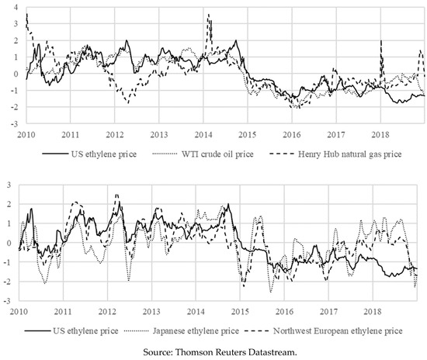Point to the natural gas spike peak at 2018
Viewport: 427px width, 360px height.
[x=381, y=41]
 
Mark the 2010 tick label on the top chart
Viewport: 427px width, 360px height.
[x=26, y=133]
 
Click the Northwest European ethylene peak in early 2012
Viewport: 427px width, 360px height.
[x=116, y=195]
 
